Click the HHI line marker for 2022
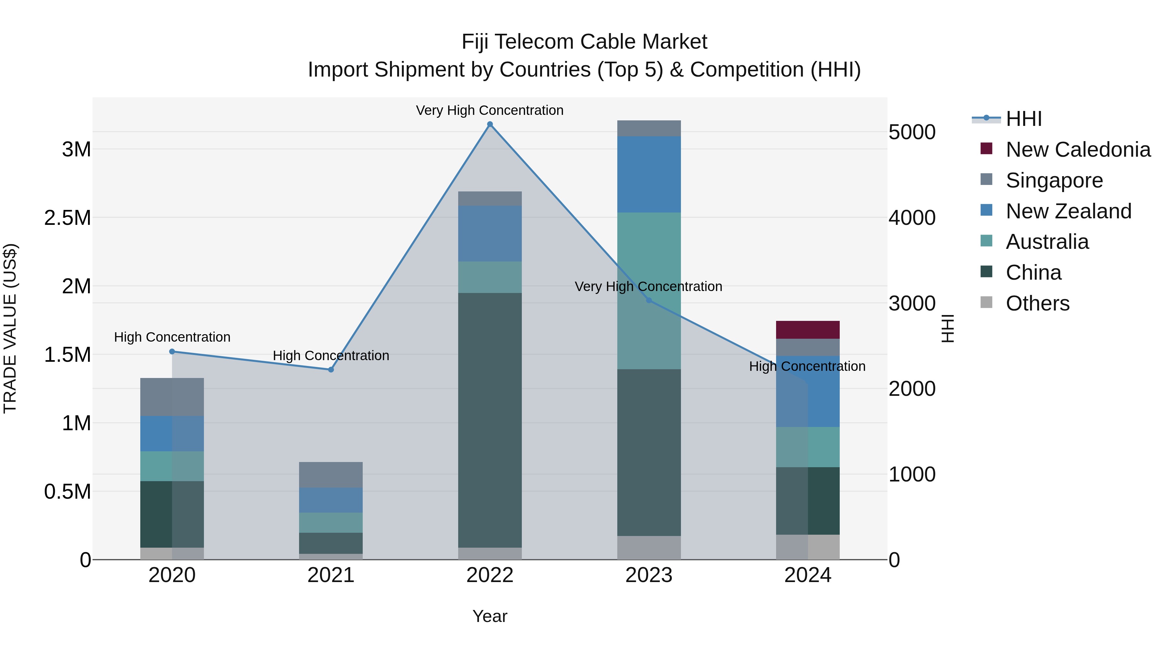(490, 124)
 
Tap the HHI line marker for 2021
(331, 370)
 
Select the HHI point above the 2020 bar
(172, 351)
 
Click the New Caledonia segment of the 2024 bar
(807, 330)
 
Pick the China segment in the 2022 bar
(490, 420)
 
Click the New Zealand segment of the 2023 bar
(648, 174)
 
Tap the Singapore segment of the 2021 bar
(331, 475)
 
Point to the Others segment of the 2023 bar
(648, 547)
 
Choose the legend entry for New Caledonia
(1078, 150)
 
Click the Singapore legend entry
(1054, 180)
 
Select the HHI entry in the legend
(1023, 119)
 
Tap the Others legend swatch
(986, 302)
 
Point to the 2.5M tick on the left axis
(68, 218)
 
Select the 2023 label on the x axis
(648, 575)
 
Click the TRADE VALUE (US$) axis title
(10, 328)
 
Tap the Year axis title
(490, 616)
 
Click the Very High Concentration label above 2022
(490, 110)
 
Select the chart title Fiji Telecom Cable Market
(584, 42)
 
